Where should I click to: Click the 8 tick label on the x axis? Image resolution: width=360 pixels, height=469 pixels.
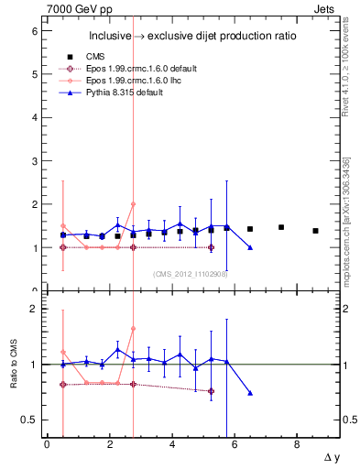click(297, 444)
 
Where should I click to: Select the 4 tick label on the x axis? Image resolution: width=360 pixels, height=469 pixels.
click(172, 444)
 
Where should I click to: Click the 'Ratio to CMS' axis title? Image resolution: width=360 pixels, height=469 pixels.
click(12, 354)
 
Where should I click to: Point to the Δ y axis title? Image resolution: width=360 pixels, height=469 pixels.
click(326, 456)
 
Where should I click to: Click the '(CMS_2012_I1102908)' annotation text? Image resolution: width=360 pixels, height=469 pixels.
click(190, 274)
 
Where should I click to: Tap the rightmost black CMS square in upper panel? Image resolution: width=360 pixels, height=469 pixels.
click(315, 231)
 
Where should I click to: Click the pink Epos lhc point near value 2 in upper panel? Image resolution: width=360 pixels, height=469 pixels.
click(133, 204)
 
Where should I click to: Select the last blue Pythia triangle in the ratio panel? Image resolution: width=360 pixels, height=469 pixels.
click(250, 393)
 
